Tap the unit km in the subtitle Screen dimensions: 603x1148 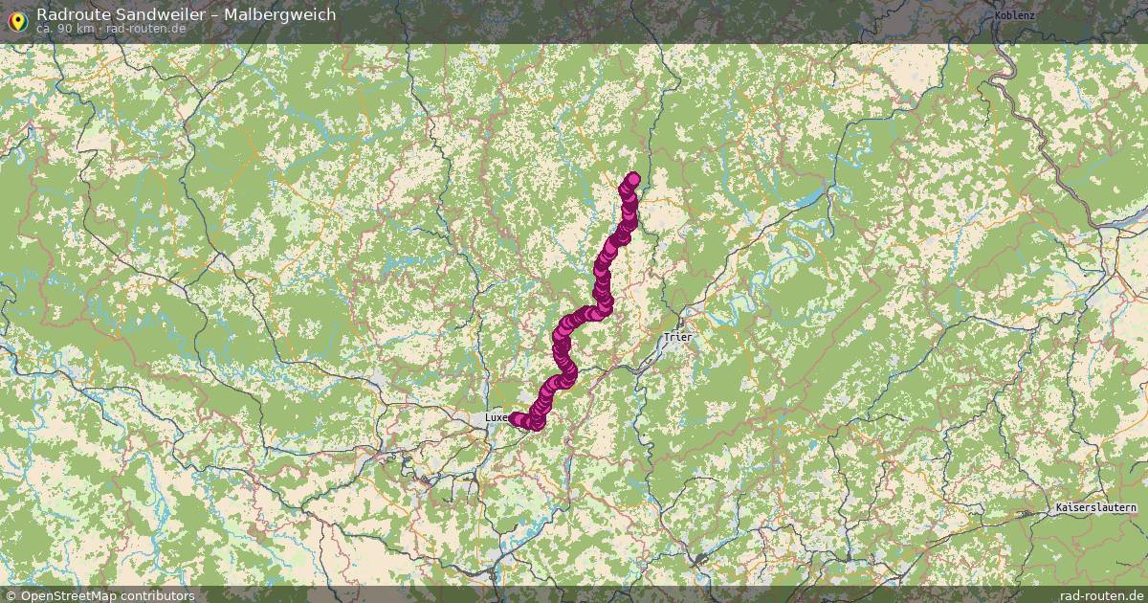tap(85, 28)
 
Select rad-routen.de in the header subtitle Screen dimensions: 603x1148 tap(147, 28)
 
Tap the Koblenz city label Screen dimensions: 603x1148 tap(1014, 15)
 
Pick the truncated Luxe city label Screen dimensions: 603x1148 tap(496, 418)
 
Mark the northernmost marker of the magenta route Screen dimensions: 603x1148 tap(632, 178)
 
